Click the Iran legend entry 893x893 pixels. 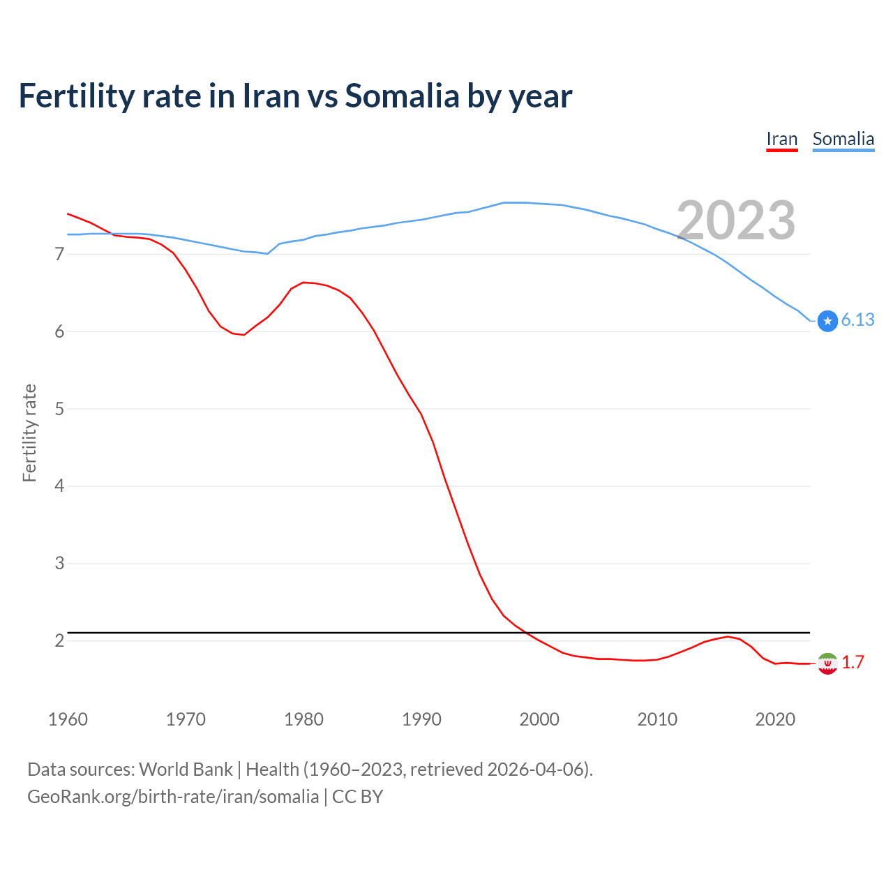pyautogui.click(x=781, y=139)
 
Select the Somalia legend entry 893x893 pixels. pyautogui.click(x=843, y=139)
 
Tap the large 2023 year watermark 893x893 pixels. pyautogui.click(x=736, y=220)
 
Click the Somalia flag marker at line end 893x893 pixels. pyautogui.click(x=827, y=321)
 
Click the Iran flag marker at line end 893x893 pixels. pyautogui.click(x=827, y=663)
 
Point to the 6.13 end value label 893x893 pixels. pyautogui.click(x=857, y=320)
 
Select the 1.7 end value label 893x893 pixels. pyautogui.click(x=853, y=662)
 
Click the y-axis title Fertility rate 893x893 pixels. pyautogui.click(x=29, y=433)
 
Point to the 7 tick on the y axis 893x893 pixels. pyautogui.click(x=59, y=254)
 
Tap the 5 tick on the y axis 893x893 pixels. pyautogui.click(x=59, y=409)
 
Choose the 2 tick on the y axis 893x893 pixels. pyautogui.click(x=59, y=640)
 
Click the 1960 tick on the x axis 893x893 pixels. pyautogui.click(x=68, y=719)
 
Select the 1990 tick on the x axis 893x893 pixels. pyautogui.click(x=421, y=719)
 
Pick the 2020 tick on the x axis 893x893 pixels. pyautogui.click(x=775, y=719)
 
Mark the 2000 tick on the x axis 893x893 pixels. pyautogui.click(x=539, y=719)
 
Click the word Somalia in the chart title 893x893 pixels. pyautogui.click(x=402, y=96)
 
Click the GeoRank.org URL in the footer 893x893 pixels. pyautogui.click(x=173, y=796)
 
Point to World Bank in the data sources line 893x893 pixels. pyautogui.click(x=186, y=770)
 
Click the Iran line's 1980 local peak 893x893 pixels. pyautogui.click(x=303, y=283)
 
